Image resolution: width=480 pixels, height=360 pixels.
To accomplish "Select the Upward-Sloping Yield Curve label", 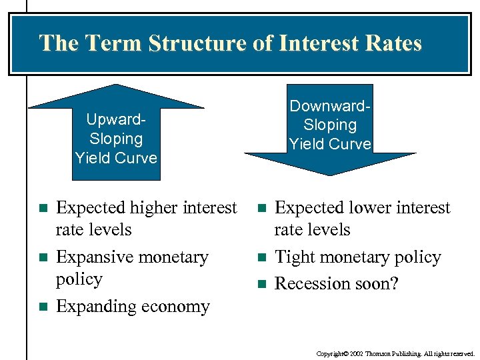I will coord(116,139).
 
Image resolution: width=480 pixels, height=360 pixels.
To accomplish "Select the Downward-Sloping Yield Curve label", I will coord(329,125).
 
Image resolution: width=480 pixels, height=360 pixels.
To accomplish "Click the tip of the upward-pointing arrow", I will coord(117,86).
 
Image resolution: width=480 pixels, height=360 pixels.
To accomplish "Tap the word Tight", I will coord(295,257).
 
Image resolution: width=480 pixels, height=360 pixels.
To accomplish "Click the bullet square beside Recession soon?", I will coord(261,285).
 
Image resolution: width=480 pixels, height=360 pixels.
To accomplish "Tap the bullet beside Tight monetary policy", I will coord(261,258).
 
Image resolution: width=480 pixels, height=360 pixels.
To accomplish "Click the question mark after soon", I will coord(394,284).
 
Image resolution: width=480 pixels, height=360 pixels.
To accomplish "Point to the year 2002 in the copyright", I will coord(358,354).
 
